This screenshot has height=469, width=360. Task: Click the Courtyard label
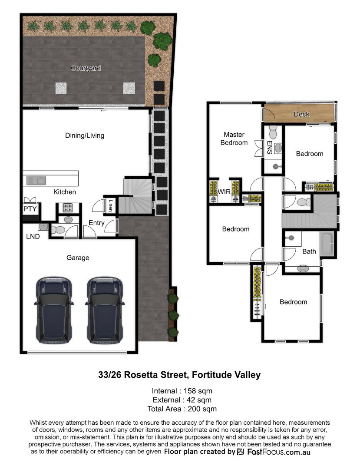coord(86,68)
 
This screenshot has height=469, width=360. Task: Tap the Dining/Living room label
coord(85,135)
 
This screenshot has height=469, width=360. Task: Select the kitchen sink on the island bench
coord(36,180)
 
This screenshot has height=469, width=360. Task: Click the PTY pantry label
coord(30,209)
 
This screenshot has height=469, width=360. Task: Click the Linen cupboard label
coord(111,205)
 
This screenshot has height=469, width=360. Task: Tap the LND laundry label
coord(33,237)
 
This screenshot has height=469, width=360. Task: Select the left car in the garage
coord(54,310)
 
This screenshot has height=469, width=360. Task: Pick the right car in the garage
coord(105,310)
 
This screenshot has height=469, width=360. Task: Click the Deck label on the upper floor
coord(301,114)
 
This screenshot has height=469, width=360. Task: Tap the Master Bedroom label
coord(234,139)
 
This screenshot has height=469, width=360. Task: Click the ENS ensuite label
coord(269,147)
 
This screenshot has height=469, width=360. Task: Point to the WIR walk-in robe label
coord(224,192)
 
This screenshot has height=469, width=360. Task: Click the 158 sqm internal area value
coord(198,391)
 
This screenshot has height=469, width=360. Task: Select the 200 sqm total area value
coord(202,409)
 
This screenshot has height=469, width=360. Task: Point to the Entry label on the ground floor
coord(96,223)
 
